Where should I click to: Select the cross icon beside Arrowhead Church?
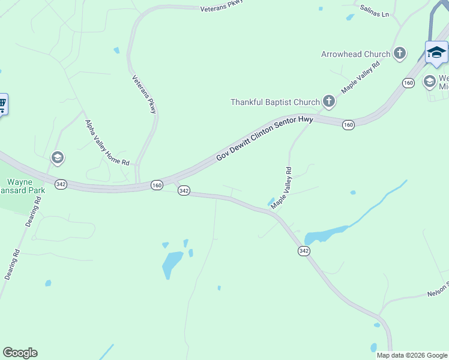point(400,54)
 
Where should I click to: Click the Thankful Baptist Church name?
point(275,102)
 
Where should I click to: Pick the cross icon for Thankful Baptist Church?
point(328,101)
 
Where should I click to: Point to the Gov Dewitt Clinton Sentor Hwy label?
point(265,139)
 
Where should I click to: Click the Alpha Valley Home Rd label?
point(107,143)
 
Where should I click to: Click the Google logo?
point(20,353)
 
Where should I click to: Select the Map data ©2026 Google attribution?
point(411,355)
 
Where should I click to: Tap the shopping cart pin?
point(2,105)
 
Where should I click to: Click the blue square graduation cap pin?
point(436,53)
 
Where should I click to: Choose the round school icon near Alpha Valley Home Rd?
point(58,158)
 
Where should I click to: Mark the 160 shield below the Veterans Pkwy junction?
point(157,185)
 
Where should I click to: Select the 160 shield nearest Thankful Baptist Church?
point(348,125)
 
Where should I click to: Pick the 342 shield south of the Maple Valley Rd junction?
point(304,251)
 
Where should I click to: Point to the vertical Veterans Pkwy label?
point(145,94)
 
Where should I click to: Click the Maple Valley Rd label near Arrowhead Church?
point(361,76)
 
